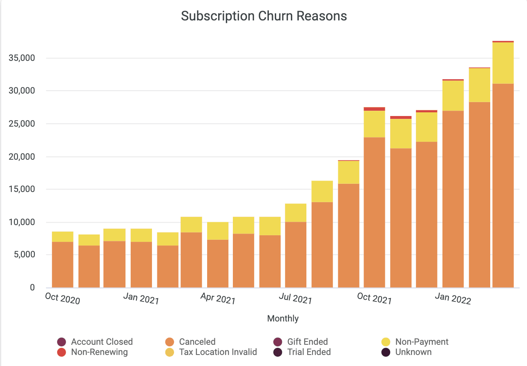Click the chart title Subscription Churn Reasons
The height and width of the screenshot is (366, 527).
point(264,16)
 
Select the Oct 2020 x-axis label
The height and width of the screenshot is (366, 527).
point(63,299)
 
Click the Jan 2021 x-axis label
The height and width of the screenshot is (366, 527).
point(141,299)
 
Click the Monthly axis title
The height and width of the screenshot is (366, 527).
point(283,319)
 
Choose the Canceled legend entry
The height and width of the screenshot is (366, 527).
point(197,342)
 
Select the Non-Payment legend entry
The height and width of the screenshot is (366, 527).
point(422,342)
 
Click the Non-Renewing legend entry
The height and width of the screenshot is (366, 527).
point(99,352)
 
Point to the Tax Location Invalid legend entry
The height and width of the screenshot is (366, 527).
point(218,352)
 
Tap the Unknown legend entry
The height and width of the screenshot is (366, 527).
point(413,352)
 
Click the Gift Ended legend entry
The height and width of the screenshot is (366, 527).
point(307,342)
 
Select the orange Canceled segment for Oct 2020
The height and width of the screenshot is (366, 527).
point(63,265)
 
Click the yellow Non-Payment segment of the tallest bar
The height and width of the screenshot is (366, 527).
point(503,63)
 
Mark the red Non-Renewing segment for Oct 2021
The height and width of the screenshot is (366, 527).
point(374,109)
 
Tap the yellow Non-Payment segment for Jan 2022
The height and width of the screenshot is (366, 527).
point(453,96)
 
